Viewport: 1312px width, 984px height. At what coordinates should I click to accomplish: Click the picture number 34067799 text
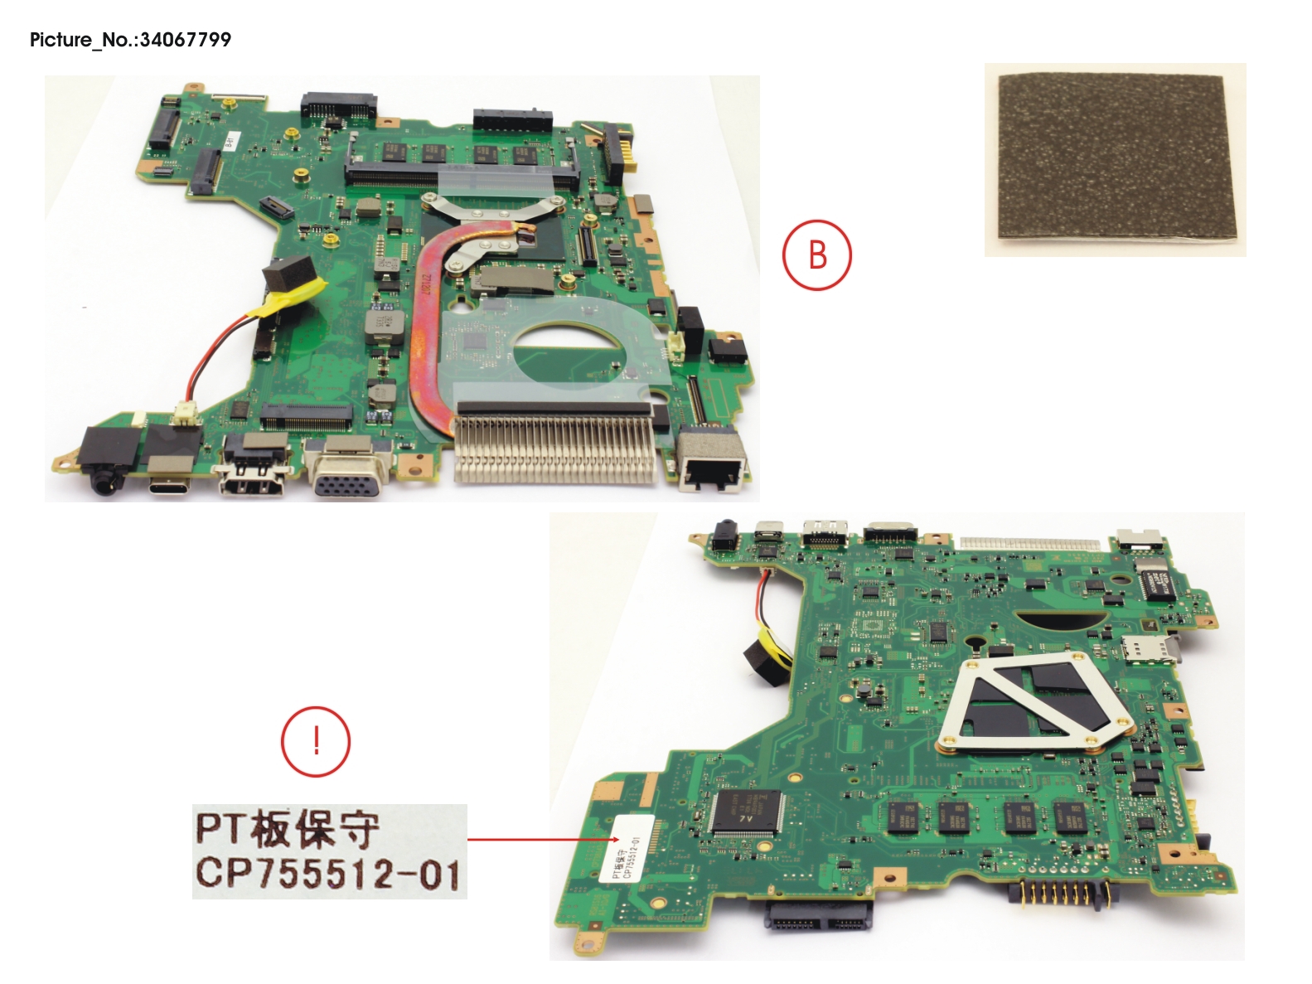tap(130, 40)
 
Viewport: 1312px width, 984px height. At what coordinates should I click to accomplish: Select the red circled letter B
tap(816, 254)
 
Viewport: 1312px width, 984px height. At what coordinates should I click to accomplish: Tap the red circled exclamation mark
tap(316, 740)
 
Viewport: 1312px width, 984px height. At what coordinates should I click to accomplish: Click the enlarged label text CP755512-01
tap(328, 874)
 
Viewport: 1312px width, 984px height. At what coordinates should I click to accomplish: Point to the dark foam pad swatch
tap(1116, 158)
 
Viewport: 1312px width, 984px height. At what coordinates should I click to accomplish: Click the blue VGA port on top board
tap(347, 470)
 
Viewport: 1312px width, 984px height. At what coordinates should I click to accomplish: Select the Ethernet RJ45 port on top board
tap(711, 464)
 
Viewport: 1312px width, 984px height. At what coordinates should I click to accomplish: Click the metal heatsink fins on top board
tap(553, 448)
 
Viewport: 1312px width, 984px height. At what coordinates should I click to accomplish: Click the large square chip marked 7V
tap(745, 812)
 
